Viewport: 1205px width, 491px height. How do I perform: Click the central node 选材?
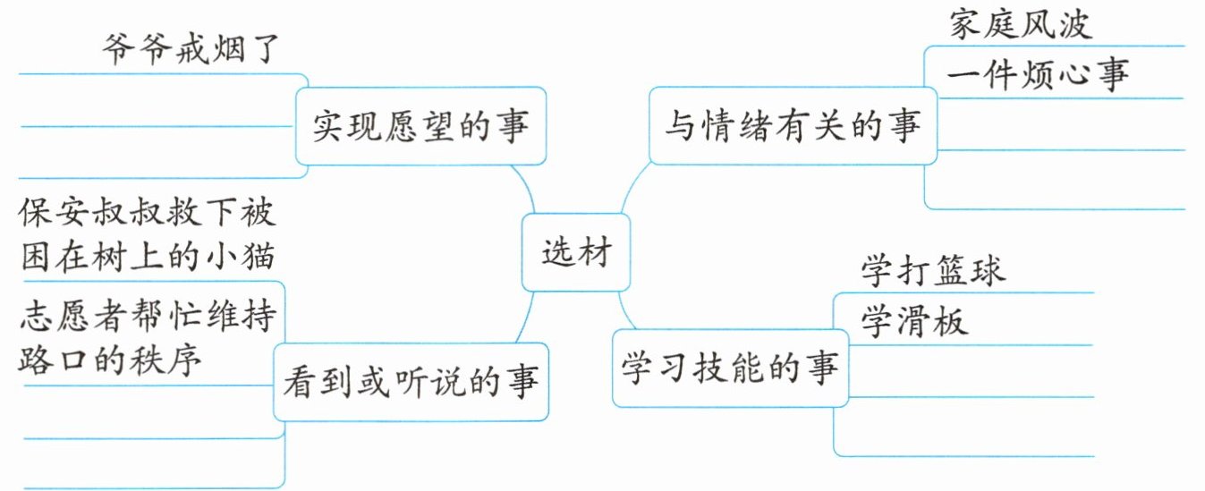575,251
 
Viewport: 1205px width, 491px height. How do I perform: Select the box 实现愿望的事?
420,126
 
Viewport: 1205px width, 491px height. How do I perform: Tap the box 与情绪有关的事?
793,125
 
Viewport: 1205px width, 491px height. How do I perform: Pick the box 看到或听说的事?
411,381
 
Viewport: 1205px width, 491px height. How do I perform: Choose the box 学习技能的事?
731,368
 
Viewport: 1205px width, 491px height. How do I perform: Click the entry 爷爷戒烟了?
191,49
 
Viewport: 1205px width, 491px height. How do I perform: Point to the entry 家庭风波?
1021,25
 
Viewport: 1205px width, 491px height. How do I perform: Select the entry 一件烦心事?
1038,74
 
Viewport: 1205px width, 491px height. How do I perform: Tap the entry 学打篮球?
933,270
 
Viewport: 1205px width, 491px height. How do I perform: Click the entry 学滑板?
914,321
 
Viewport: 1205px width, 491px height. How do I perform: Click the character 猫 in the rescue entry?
259,256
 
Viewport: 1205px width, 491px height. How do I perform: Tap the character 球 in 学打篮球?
989,270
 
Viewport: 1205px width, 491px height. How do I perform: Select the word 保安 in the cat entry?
54,212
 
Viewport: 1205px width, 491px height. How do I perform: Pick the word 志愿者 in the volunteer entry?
72,316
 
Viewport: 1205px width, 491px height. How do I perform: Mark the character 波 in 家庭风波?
1075,25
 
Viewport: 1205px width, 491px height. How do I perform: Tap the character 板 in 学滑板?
951,321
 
